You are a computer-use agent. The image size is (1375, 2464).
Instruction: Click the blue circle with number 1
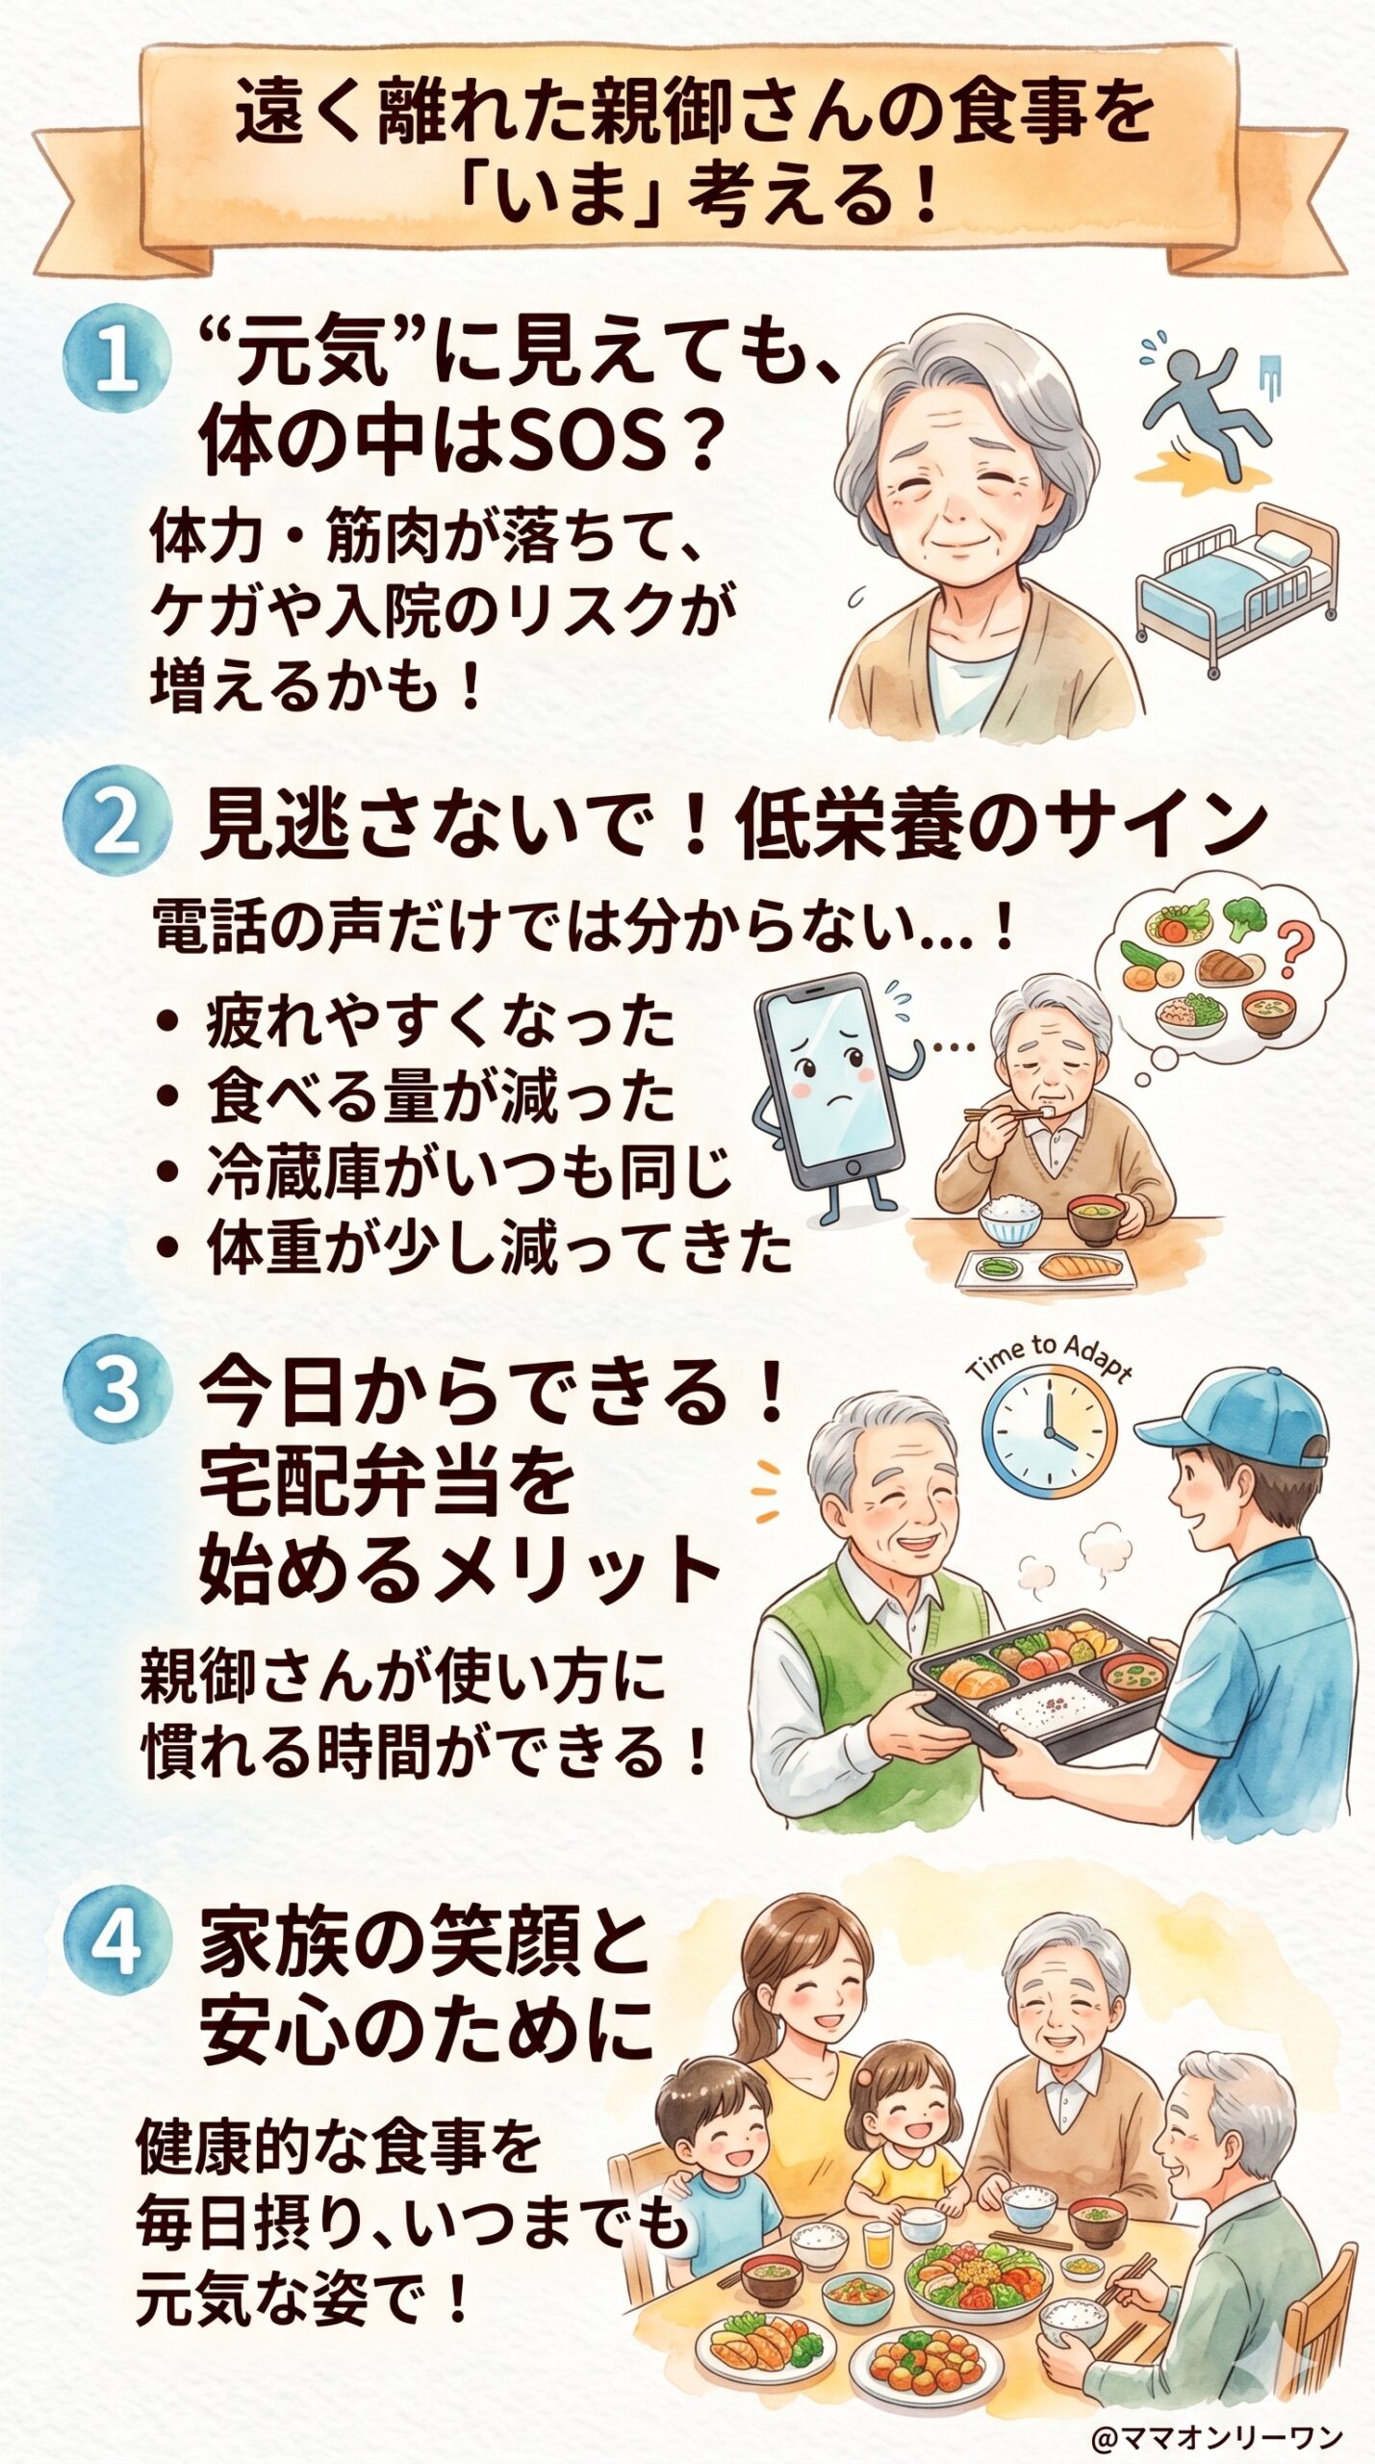(116, 368)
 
